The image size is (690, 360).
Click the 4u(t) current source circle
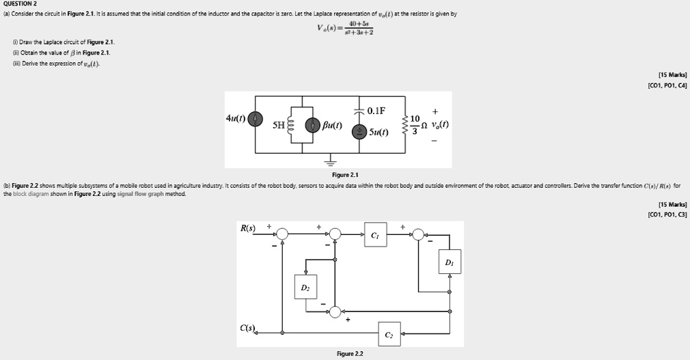point(256,120)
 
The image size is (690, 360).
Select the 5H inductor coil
point(292,126)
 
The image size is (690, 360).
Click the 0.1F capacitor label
point(376,111)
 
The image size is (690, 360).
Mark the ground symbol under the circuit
point(331,163)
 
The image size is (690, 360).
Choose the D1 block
point(449,263)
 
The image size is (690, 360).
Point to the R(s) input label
point(248,227)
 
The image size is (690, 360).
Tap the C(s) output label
point(248,330)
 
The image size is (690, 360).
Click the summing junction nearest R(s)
point(283,234)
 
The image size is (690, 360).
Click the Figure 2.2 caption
point(350,353)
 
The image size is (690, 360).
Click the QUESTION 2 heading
point(21,3)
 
